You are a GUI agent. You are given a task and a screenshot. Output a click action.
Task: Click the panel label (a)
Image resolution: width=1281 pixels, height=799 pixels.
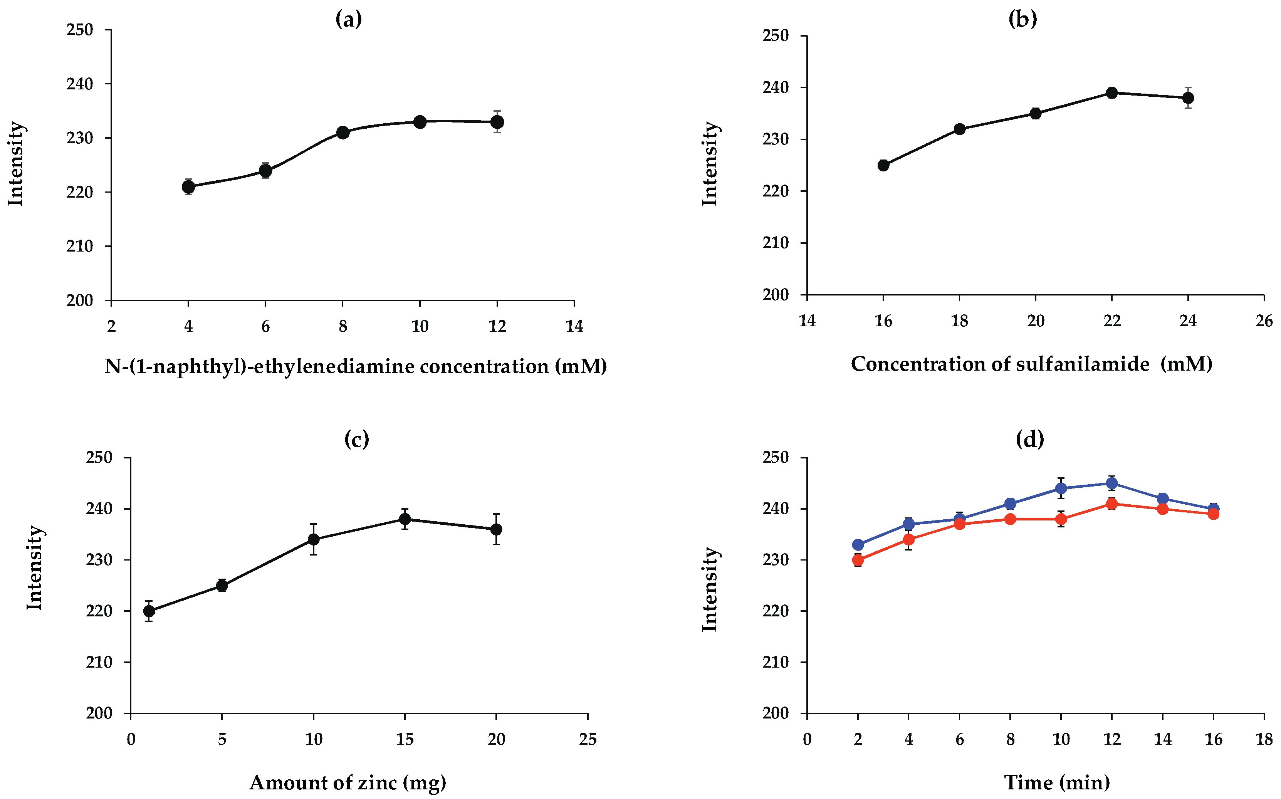tap(349, 20)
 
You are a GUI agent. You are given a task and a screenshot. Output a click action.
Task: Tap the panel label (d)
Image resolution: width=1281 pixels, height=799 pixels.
tap(1030, 439)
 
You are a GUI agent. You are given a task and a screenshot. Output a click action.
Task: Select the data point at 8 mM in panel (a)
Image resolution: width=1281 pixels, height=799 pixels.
tap(343, 132)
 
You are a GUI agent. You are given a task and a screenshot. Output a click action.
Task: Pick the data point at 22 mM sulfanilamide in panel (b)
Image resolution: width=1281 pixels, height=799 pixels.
tap(1112, 93)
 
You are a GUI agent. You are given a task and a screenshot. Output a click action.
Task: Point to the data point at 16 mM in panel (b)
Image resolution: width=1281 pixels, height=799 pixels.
tap(883, 165)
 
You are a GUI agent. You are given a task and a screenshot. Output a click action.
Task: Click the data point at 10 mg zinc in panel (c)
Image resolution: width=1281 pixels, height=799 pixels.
tap(313, 539)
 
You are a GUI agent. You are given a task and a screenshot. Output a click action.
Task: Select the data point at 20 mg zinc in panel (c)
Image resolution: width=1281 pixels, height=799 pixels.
tap(496, 529)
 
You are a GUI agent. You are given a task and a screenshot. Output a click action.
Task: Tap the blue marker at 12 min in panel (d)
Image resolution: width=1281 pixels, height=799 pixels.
tap(1112, 483)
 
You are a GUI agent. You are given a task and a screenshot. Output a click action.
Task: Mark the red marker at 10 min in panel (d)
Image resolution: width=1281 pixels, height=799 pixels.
tap(1061, 519)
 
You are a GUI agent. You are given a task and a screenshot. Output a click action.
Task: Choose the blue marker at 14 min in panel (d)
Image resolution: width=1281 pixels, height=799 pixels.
tap(1163, 499)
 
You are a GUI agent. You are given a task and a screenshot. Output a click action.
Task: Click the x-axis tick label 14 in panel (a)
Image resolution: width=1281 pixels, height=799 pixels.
tap(574, 327)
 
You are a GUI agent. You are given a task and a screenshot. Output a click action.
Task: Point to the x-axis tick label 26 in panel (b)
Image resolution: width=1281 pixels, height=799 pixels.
tap(1264, 321)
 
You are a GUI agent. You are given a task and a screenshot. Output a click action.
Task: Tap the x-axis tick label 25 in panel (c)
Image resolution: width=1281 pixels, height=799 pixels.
tap(588, 739)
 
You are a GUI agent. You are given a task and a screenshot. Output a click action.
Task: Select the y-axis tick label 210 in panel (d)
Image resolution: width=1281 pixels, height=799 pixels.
tap(775, 662)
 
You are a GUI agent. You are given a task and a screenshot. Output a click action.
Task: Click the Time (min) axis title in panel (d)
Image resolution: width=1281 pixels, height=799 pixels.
tap(1057, 782)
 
